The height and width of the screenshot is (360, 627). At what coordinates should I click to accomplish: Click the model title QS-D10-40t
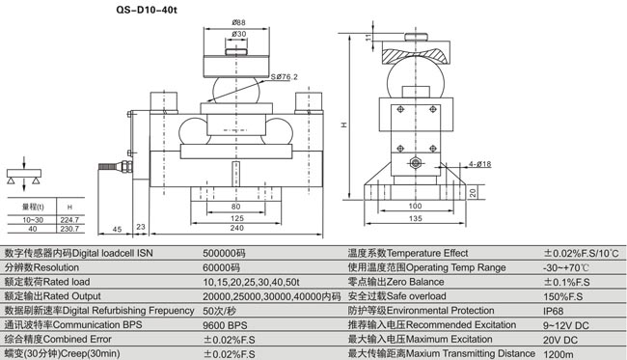pos(146,10)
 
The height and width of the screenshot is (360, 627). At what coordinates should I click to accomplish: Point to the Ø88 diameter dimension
pos(238,23)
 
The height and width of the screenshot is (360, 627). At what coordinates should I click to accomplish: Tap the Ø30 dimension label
pos(238,34)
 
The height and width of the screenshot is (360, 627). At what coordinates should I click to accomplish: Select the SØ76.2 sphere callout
pos(285,77)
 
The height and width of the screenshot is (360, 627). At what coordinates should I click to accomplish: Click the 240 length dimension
pos(236,228)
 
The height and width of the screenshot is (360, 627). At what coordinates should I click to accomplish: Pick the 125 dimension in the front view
pos(236,218)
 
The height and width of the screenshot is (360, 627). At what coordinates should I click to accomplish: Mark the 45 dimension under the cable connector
pos(117,230)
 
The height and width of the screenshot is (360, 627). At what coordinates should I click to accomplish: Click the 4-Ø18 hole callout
pos(479,164)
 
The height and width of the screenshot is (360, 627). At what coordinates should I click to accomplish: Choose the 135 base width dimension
pos(415,218)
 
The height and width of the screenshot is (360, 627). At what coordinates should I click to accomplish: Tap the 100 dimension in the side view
pos(415,206)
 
